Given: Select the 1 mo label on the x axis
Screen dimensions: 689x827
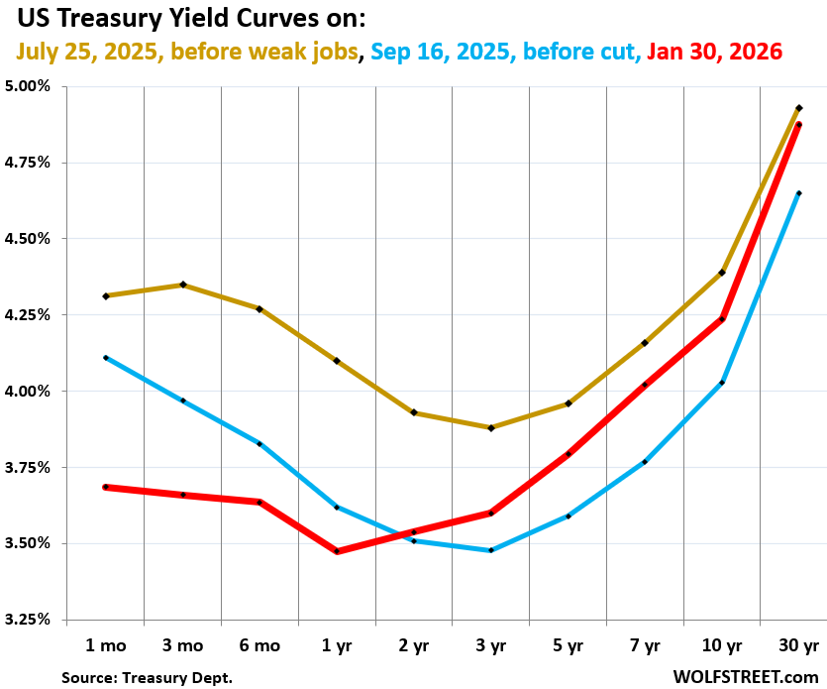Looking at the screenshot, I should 106,645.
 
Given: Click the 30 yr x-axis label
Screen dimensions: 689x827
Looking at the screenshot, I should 798,645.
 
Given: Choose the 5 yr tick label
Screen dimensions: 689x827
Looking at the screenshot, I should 568,645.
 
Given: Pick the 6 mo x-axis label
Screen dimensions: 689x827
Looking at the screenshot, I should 259,645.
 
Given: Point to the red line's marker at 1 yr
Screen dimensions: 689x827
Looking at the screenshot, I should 337,551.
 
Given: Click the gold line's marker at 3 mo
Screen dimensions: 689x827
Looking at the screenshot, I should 182,285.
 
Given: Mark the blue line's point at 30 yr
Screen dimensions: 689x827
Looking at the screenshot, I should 798,193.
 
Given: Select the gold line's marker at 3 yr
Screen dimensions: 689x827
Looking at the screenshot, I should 491,427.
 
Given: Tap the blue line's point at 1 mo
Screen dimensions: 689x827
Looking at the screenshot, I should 106,358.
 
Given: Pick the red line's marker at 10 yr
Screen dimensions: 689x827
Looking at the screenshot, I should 722,319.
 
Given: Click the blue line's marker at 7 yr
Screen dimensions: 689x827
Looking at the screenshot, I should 645,461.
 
